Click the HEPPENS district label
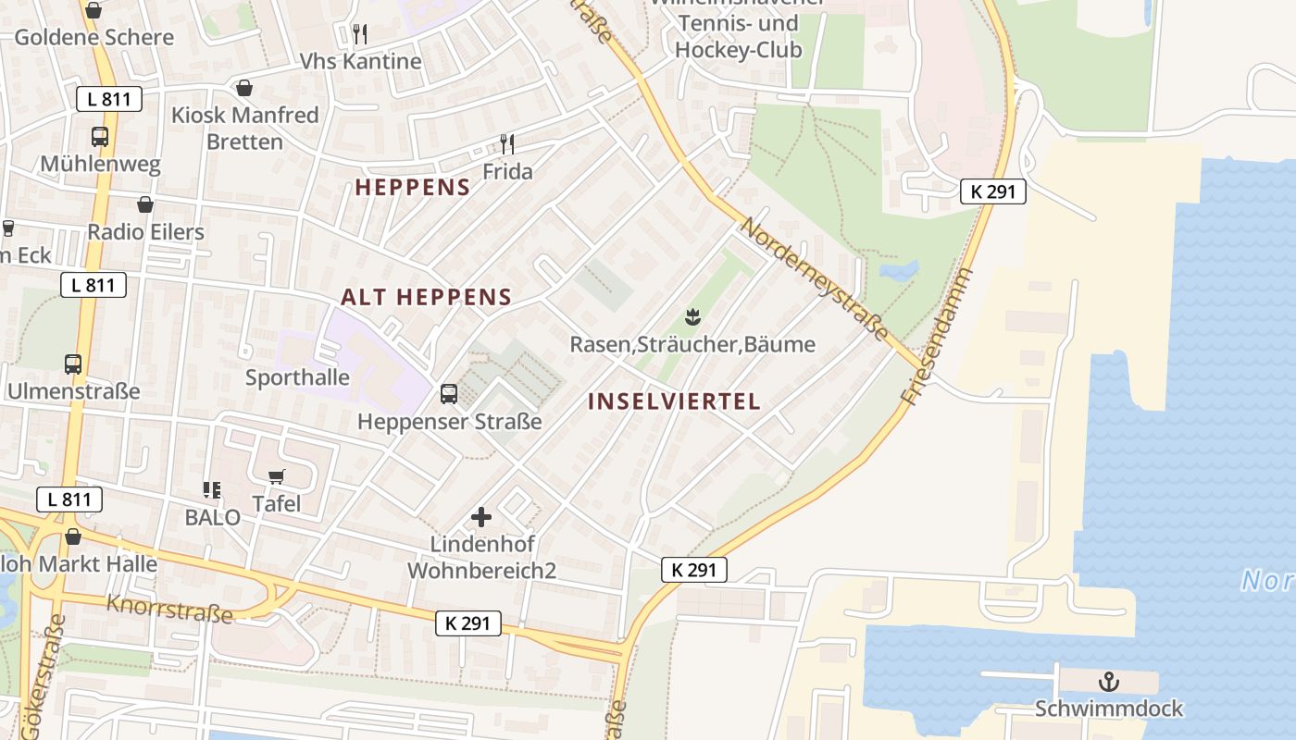click(x=413, y=187)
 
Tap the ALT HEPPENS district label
click(x=426, y=297)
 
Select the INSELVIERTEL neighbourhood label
click(x=674, y=401)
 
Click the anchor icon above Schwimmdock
click(x=1108, y=683)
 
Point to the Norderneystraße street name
click(x=815, y=279)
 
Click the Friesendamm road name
click(x=938, y=338)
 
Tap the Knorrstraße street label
click(x=168, y=609)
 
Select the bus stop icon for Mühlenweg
click(x=99, y=137)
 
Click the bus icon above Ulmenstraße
click(x=73, y=364)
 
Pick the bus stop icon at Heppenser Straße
click(x=449, y=394)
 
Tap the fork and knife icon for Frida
click(x=506, y=143)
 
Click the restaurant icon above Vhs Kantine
click(x=360, y=34)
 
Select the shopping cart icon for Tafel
click(x=276, y=476)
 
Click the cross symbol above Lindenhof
click(x=481, y=517)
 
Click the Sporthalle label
click(x=297, y=377)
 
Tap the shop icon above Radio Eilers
click(x=145, y=204)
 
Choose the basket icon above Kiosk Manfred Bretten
click(x=244, y=88)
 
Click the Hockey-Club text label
click(x=738, y=50)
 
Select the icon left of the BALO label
click(x=212, y=489)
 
